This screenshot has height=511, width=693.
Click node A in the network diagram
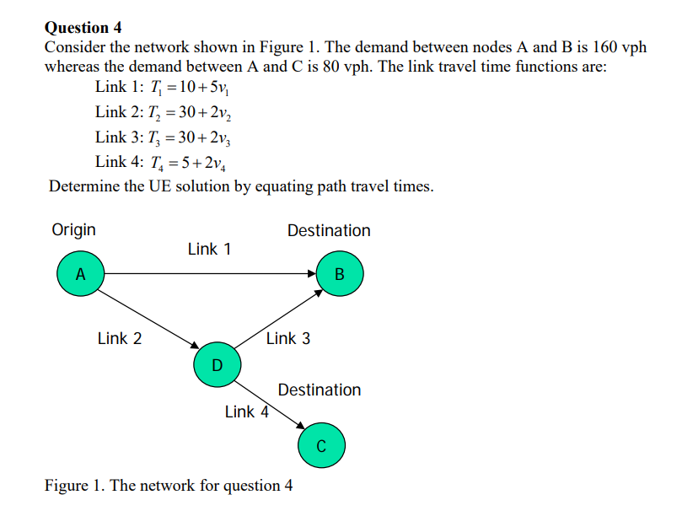click(80, 274)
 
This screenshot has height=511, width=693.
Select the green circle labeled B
click(340, 274)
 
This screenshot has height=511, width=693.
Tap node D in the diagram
click(217, 365)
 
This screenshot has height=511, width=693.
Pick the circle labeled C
click(321, 446)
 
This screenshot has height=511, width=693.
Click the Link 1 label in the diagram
click(209, 249)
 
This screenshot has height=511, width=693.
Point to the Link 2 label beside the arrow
click(120, 339)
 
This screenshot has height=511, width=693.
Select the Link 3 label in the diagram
click(288, 339)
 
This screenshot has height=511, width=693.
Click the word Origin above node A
click(74, 230)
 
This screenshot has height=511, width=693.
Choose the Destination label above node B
click(329, 231)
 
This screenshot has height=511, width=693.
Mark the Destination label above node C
click(320, 390)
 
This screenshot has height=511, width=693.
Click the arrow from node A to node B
click(211, 273)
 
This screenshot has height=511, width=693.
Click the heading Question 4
click(83, 28)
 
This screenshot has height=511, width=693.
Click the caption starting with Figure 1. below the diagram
click(169, 486)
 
